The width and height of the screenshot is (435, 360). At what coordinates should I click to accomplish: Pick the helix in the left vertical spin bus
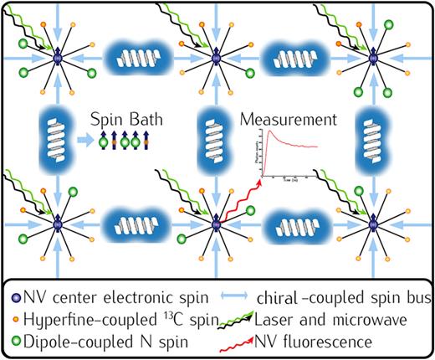click(54, 137)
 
